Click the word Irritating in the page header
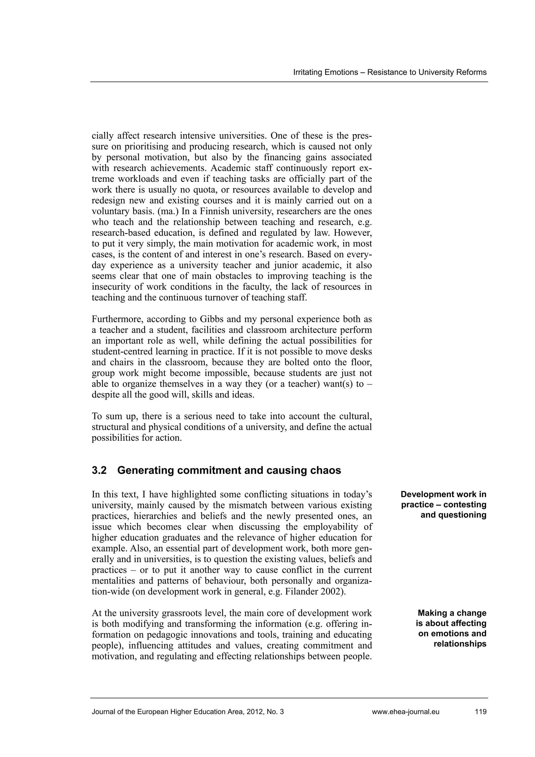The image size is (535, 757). click(x=307, y=73)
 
